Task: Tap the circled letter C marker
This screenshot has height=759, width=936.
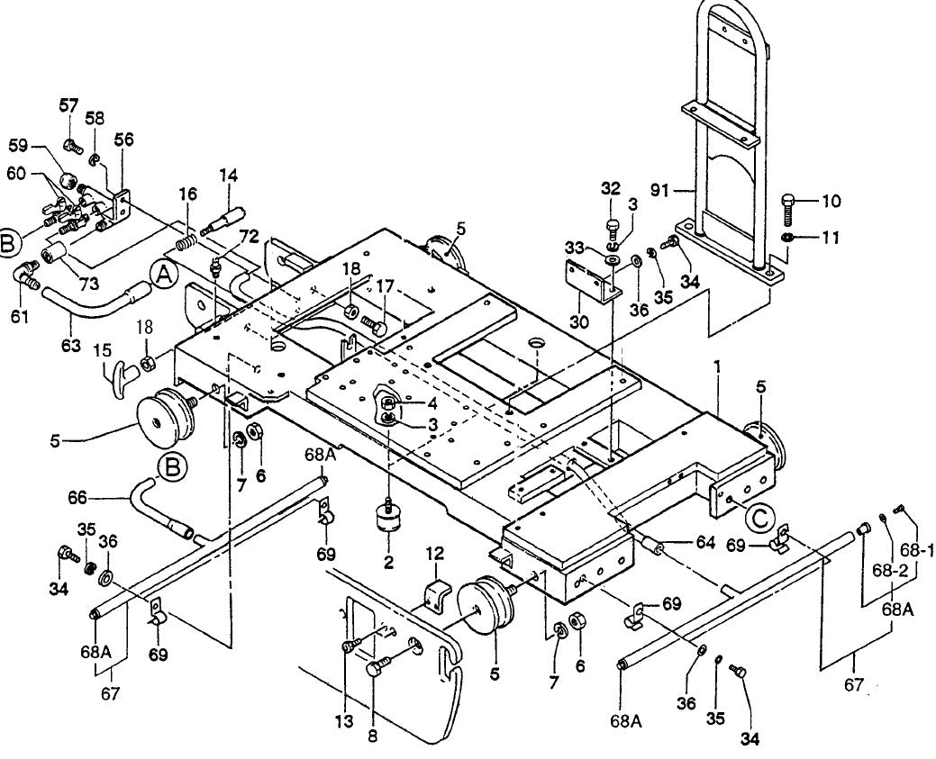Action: (758, 519)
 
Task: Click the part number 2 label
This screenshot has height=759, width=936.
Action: (388, 563)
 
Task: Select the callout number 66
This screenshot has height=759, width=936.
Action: (78, 496)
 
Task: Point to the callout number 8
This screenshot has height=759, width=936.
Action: (372, 736)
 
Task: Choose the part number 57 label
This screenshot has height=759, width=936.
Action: (69, 105)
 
